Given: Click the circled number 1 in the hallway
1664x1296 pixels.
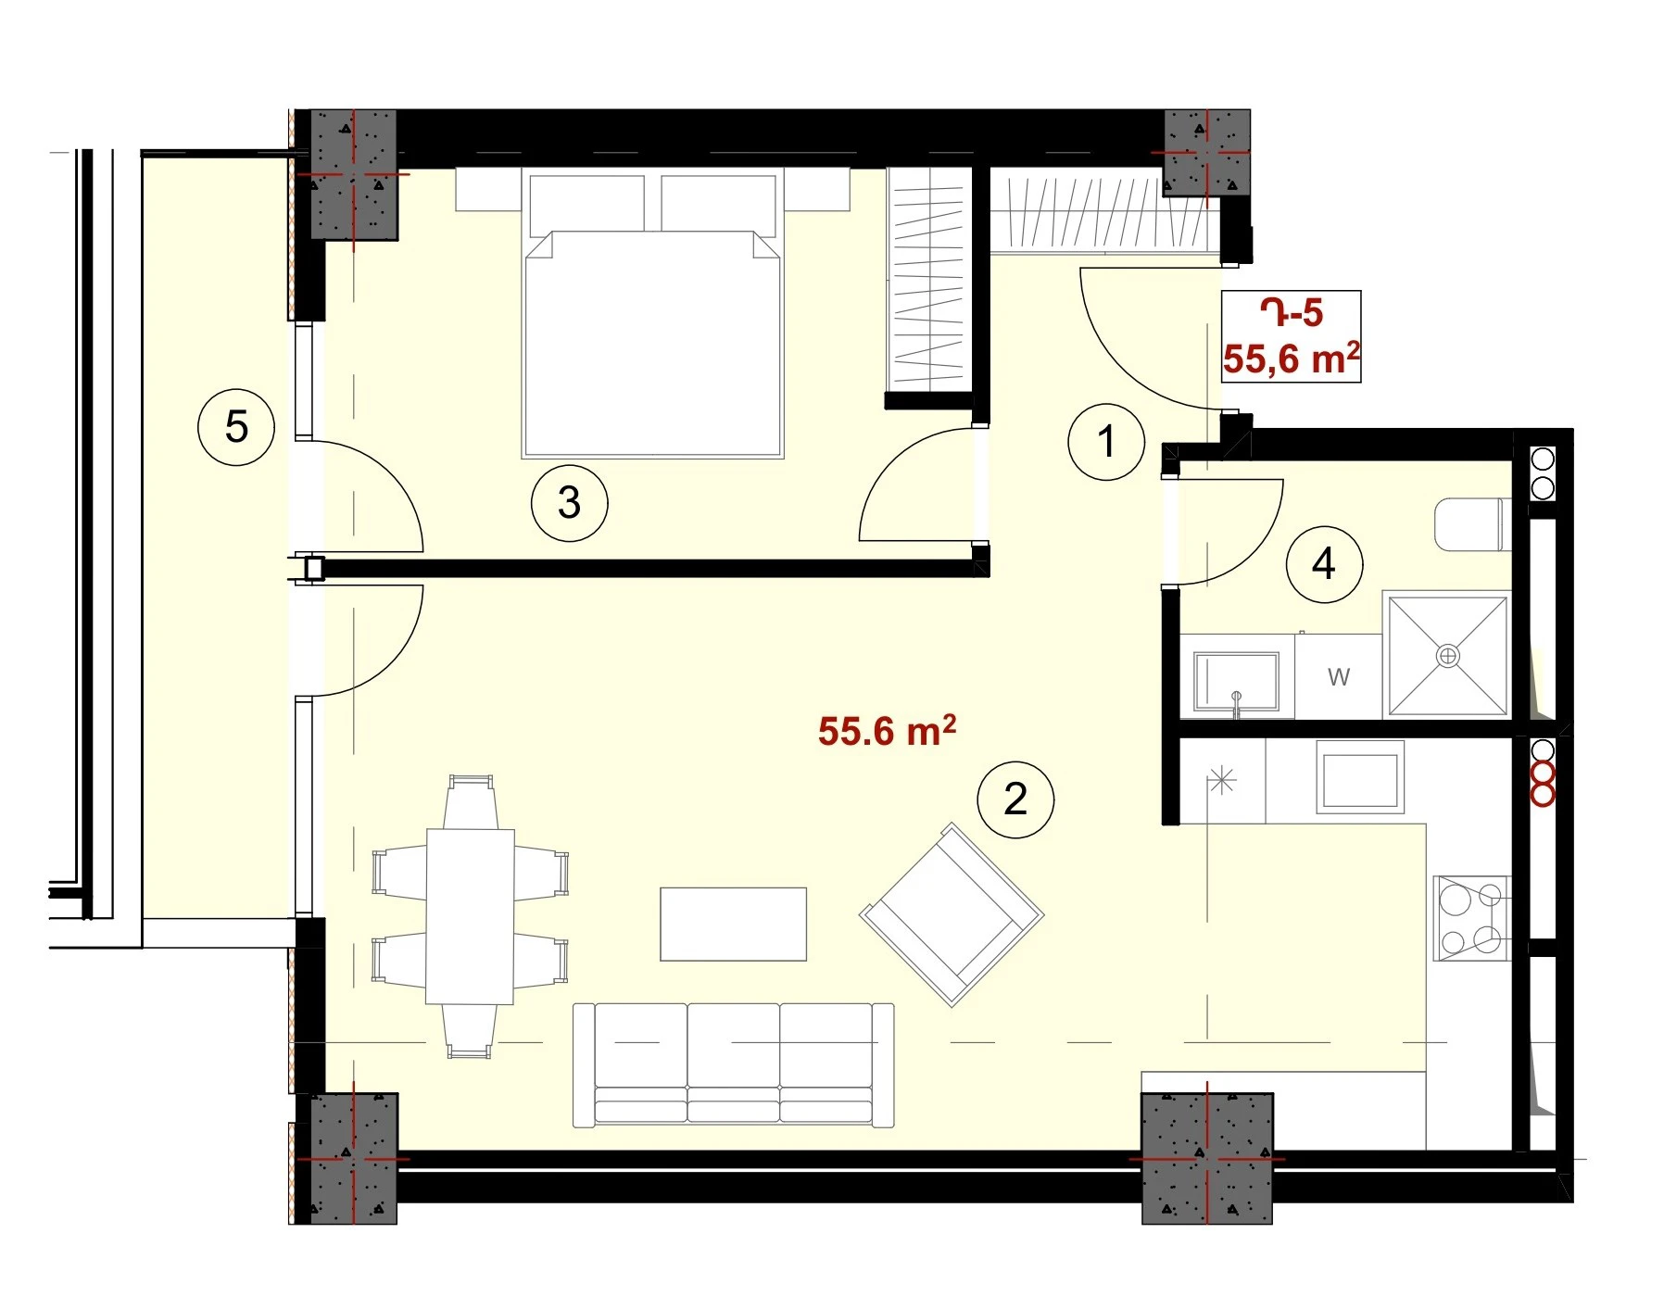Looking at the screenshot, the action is pyautogui.click(x=1105, y=442).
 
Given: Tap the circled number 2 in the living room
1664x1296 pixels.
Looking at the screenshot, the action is pyautogui.click(x=1015, y=799).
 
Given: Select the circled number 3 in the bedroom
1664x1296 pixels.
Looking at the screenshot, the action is pyautogui.click(x=569, y=503).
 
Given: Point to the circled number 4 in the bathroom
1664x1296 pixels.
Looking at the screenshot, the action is pyautogui.click(x=1324, y=564).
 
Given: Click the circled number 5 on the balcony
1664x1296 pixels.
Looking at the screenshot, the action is pyautogui.click(x=236, y=427).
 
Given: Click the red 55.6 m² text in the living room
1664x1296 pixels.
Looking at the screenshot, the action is pyautogui.click(x=887, y=731).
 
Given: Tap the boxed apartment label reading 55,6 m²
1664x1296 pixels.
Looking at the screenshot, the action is pyautogui.click(x=1292, y=359).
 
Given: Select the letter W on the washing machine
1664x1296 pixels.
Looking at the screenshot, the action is pyautogui.click(x=1339, y=677).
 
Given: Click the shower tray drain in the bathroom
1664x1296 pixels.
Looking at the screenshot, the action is pyautogui.click(x=1446, y=657).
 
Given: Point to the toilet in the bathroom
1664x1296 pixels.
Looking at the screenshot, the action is pyautogui.click(x=1471, y=524).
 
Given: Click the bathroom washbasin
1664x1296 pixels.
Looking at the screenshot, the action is pyautogui.click(x=1237, y=682).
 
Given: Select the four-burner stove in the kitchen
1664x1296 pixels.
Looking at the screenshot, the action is pyautogui.click(x=1472, y=918).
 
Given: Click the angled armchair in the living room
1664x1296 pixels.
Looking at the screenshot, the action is pyautogui.click(x=952, y=914).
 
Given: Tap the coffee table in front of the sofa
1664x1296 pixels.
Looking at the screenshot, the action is pyautogui.click(x=733, y=925).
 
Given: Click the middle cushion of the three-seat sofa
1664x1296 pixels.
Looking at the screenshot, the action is pyautogui.click(x=734, y=1063).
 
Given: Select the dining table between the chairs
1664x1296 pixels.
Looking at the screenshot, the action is pyautogui.click(x=470, y=916).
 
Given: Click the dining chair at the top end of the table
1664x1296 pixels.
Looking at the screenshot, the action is pyautogui.click(x=470, y=802).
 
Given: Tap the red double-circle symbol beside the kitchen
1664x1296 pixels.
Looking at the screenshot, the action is pyautogui.click(x=1543, y=784).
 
